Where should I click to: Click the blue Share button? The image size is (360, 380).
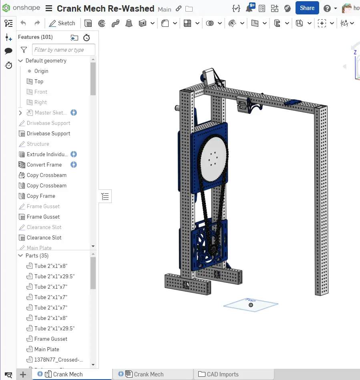tap(307, 8)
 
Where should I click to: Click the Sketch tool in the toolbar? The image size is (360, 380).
tap(62, 23)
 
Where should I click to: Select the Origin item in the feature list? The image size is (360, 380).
tap(41, 71)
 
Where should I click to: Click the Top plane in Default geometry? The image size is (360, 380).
tap(38, 81)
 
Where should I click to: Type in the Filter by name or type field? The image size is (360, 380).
tap(63, 50)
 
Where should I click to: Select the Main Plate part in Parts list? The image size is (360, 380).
tap(46, 349)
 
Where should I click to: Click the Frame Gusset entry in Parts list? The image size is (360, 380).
tap(50, 339)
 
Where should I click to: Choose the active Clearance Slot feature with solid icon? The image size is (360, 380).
tap(44, 237)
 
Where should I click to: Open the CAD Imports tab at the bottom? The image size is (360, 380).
tap(222, 374)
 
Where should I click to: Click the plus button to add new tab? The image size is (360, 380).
tap(23, 374)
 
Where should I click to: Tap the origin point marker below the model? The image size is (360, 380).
tap(251, 305)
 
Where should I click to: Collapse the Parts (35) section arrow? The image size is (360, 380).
tap(21, 255)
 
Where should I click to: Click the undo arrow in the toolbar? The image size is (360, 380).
tap(23, 23)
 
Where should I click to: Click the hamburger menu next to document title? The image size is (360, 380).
tap(48, 8)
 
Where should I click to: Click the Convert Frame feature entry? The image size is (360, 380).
tap(44, 165)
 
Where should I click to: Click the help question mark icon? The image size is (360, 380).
tap(327, 8)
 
